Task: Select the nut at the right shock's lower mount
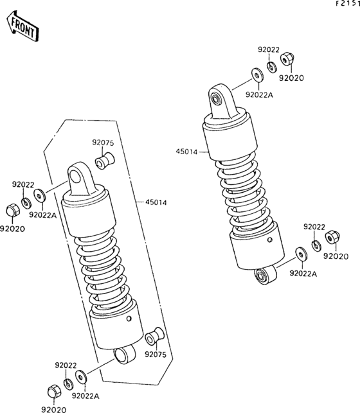(332, 238)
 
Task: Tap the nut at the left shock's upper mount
(12, 210)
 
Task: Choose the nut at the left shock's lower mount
(53, 391)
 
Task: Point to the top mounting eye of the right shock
(218, 98)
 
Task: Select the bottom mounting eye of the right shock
(264, 276)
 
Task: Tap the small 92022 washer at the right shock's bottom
(316, 245)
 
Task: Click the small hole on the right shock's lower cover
(269, 243)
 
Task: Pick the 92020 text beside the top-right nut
(290, 78)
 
